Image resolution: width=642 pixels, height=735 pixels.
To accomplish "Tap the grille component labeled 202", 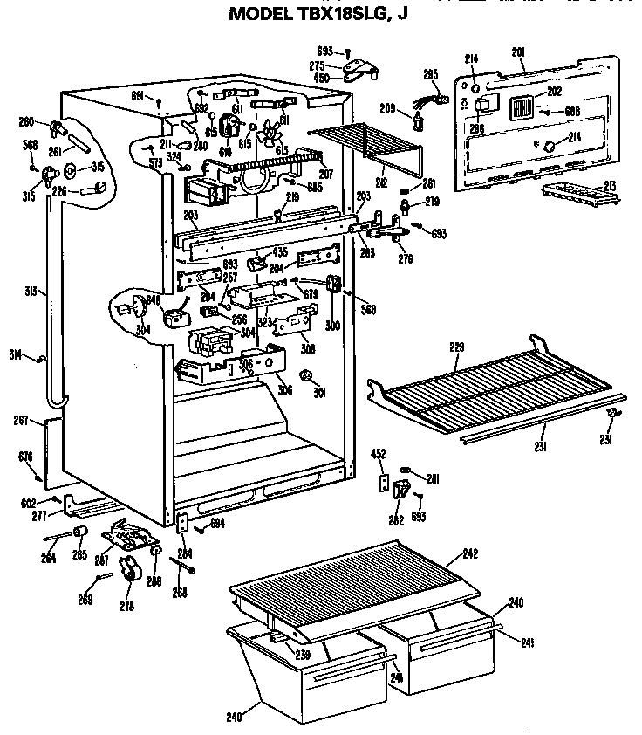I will (x=520, y=108).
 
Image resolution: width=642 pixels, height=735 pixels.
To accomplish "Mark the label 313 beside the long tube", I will (x=31, y=292).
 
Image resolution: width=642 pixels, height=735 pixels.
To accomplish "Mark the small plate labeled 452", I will (x=382, y=483).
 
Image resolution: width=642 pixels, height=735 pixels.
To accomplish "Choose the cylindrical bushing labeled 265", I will (x=79, y=533).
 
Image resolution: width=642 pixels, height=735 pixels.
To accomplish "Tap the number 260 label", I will (x=26, y=121).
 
